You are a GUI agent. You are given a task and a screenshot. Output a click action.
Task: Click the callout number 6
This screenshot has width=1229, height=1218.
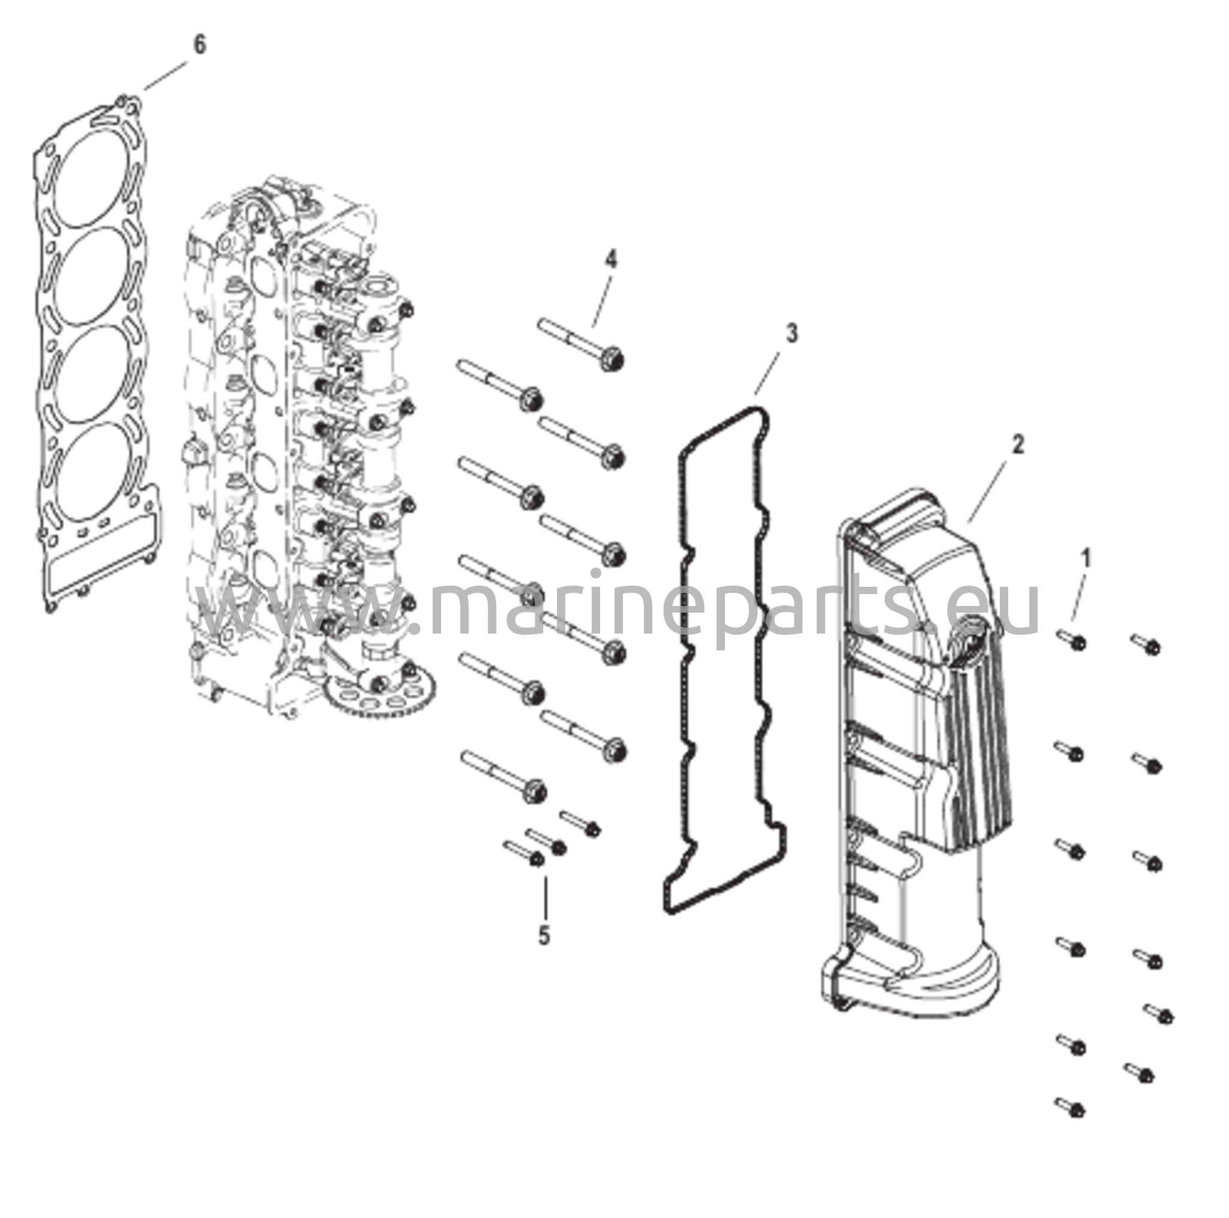tap(200, 45)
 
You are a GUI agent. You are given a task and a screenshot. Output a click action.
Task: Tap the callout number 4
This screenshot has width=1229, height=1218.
tap(611, 260)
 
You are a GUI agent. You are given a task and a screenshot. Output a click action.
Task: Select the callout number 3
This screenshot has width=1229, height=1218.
tap(791, 333)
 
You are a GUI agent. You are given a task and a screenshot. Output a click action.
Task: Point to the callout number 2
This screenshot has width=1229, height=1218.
tap(1018, 445)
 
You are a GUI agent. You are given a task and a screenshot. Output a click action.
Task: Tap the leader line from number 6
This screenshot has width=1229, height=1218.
tap(165, 76)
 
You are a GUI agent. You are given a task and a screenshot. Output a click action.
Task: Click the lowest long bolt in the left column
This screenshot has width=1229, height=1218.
tap(502, 776)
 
